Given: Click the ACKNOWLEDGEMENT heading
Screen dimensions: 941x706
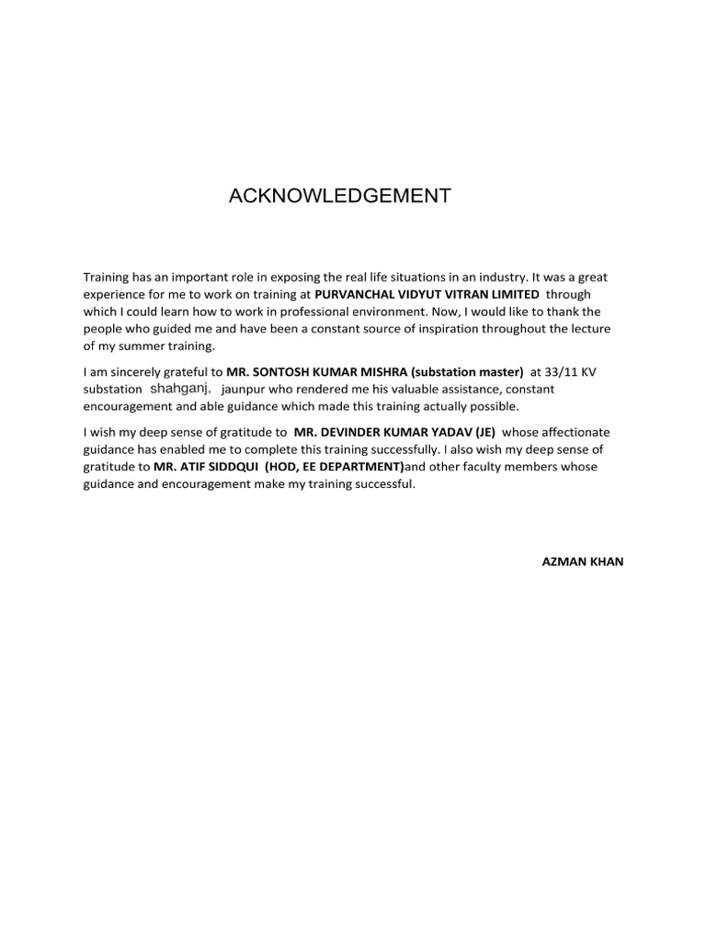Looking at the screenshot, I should coord(340,196).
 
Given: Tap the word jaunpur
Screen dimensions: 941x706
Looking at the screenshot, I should coord(245,389).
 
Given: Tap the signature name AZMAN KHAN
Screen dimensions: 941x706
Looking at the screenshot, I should coord(582,561).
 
